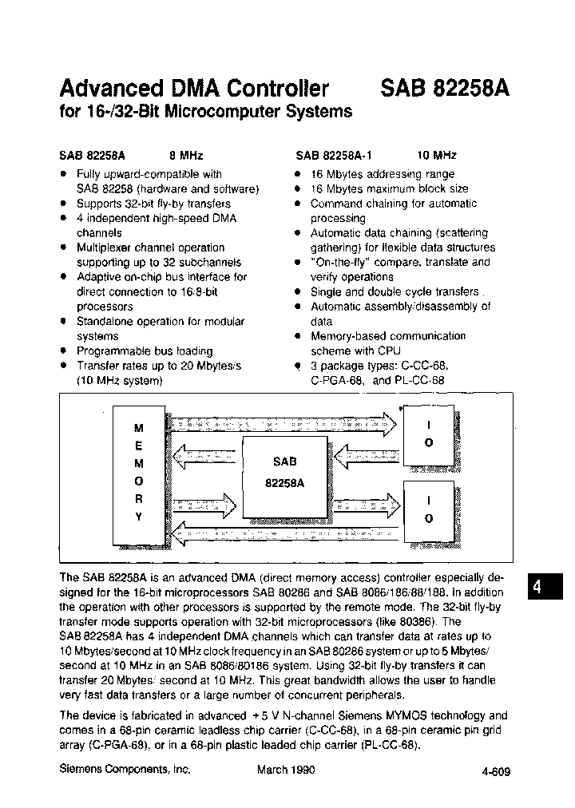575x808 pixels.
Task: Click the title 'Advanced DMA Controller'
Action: tap(195, 87)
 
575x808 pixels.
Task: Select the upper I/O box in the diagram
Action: tap(429, 436)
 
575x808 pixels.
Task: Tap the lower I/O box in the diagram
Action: tap(429, 510)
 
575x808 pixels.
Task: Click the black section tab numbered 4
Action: tap(537, 587)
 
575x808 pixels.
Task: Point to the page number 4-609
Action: tap(496, 771)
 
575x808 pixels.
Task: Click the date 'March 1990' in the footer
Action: tap(286, 770)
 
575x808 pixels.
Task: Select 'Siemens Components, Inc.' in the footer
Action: tap(125, 770)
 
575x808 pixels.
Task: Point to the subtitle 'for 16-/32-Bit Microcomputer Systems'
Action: tap(206, 112)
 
